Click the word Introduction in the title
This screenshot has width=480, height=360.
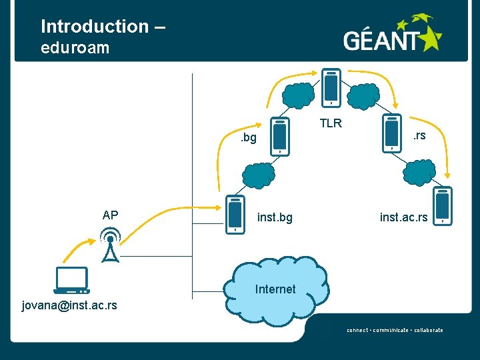click(x=95, y=26)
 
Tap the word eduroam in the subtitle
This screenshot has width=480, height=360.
click(x=75, y=48)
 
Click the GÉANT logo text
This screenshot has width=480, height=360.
click(x=381, y=40)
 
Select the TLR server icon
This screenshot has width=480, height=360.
click(x=331, y=88)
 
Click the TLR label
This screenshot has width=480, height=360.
click(x=331, y=123)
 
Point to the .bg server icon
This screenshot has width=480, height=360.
click(x=280, y=137)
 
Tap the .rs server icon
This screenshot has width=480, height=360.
click(x=392, y=133)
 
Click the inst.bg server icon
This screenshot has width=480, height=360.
click(x=235, y=215)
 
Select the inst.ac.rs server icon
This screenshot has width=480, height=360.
click(x=443, y=206)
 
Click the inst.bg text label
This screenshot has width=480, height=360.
click(x=275, y=217)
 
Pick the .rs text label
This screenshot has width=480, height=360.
click(x=419, y=135)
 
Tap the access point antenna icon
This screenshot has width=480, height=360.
click(x=110, y=245)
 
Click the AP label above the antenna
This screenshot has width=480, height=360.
click(x=110, y=215)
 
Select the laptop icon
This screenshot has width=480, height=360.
click(x=71, y=281)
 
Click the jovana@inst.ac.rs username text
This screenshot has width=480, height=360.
click(x=69, y=305)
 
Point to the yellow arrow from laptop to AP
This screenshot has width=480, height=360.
click(x=78, y=249)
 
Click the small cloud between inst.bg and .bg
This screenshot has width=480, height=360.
click(x=259, y=175)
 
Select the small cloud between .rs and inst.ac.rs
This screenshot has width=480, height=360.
click(x=419, y=173)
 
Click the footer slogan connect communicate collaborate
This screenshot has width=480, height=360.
click(x=395, y=330)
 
